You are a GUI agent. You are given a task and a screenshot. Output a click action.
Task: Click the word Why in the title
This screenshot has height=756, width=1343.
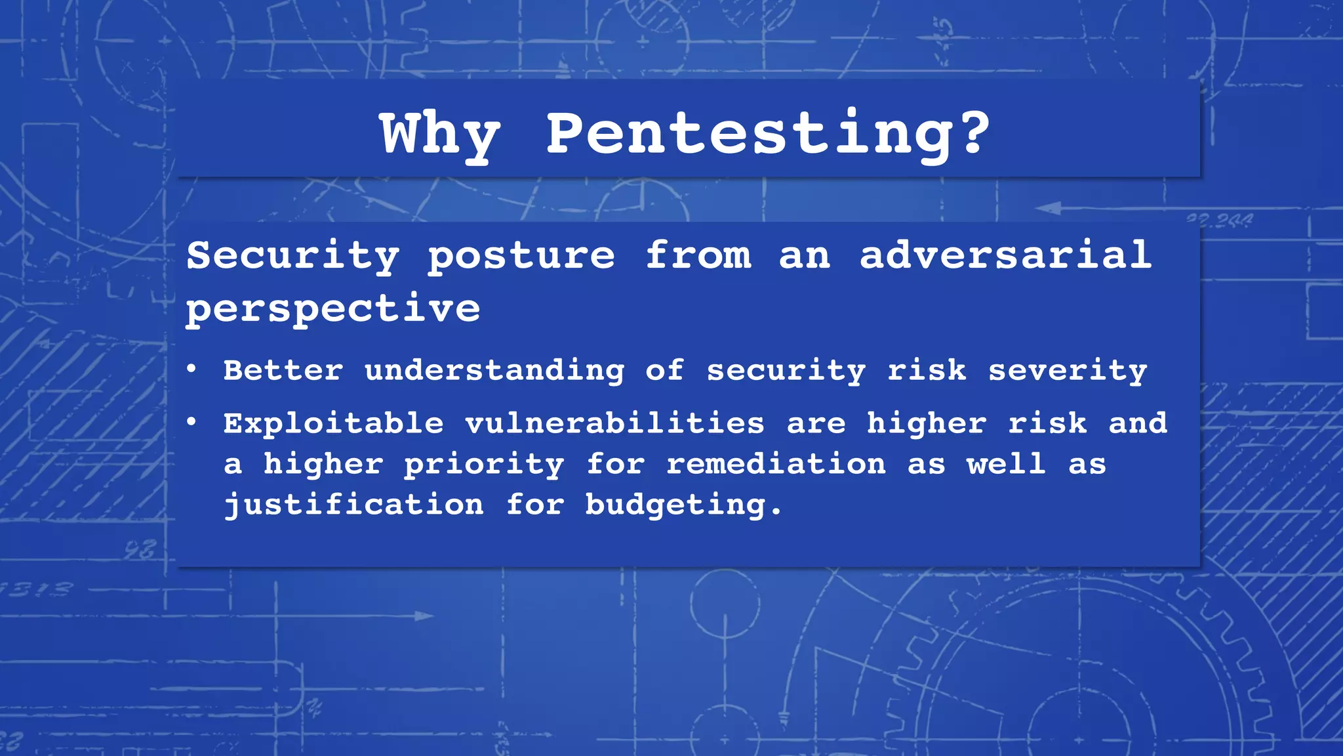[x=441, y=134]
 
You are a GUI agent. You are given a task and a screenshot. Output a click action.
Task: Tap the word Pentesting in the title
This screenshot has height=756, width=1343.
[x=747, y=134]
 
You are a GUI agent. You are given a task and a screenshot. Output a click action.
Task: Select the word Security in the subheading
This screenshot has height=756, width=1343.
[x=292, y=255]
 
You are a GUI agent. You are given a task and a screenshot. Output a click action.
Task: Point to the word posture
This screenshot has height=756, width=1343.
[x=521, y=257]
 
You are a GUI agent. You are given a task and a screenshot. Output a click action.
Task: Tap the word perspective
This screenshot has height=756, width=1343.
[x=333, y=308]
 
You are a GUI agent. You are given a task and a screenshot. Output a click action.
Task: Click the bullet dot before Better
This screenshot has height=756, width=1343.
[x=191, y=369]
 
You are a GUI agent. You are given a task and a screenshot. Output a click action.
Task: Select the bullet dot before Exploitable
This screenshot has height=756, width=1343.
[x=191, y=423]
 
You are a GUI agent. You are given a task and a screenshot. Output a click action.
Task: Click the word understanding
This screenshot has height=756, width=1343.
[x=494, y=371]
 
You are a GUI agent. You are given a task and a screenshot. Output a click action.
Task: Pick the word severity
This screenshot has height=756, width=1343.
[x=1068, y=371]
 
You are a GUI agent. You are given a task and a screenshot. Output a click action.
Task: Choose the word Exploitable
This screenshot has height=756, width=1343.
[x=334, y=423]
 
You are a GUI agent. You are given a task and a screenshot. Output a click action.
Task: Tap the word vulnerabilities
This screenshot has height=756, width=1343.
[x=615, y=423]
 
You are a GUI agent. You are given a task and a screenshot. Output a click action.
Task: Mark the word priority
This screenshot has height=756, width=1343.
[x=484, y=465]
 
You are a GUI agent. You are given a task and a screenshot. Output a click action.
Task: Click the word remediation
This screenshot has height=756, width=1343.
[x=776, y=464]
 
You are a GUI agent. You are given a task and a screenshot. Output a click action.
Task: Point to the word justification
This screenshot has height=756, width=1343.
[x=354, y=505]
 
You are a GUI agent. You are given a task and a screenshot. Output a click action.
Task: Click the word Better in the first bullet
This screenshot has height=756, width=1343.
[x=283, y=370]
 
